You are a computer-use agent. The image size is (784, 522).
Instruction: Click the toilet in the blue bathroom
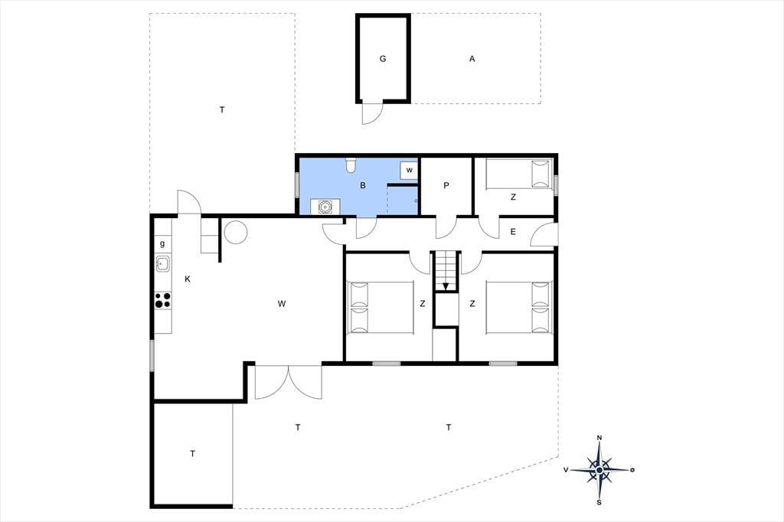pyautogui.click(x=351, y=165)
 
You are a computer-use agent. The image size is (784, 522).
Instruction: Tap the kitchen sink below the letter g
pyautogui.click(x=162, y=263)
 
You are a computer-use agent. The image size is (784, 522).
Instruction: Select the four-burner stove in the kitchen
pyautogui.click(x=162, y=300)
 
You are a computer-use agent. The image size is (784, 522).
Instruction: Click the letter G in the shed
pyautogui.click(x=383, y=58)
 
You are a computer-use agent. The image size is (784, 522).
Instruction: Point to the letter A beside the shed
pyautogui.click(x=472, y=58)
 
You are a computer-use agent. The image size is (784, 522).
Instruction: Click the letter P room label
pyautogui.click(x=446, y=185)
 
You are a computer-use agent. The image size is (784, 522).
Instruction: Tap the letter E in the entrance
pyautogui.click(x=513, y=231)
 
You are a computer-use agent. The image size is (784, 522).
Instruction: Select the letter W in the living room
pyautogui.click(x=282, y=304)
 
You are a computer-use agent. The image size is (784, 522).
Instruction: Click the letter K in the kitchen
pyautogui.click(x=188, y=279)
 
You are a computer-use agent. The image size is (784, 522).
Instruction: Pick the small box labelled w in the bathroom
pyautogui.click(x=409, y=171)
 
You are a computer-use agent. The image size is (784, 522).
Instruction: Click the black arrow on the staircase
pyautogui.click(x=446, y=286)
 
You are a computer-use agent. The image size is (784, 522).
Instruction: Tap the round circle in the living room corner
pyautogui.click(x=236, y=231)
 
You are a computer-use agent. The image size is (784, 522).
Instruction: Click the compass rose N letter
pyautogui.click(x=599, y=438)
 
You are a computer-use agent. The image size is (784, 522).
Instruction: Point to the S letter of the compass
pyautogui.click(x=599, y=503)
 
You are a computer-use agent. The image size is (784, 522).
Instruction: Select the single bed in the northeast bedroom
pyautogui.click(x=519, y=174)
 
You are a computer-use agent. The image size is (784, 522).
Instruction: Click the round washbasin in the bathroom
pyautogui.click(x=325, y=205)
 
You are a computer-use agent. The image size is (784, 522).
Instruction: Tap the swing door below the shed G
pyautogui.click(x=373, y=113)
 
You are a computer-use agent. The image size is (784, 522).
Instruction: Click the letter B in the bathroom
pyautogui.click(x=363, y=185)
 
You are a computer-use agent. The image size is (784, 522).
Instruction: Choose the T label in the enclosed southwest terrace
pyautogui.click(x=192, y=454)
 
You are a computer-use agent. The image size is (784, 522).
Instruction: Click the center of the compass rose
pyautogui.click(x=599, y=470)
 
